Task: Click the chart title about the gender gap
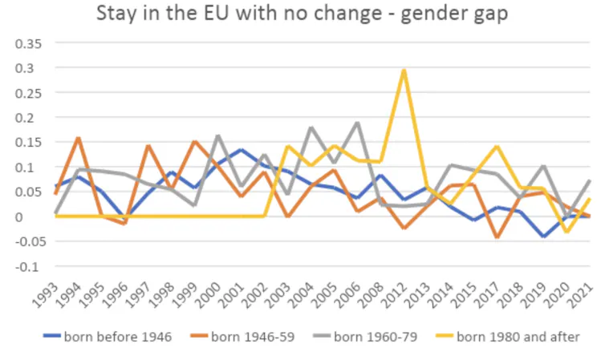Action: pos(302,14)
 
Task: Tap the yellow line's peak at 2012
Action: pos(404,70)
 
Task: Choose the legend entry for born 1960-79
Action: pos(377,337)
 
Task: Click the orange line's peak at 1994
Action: pos(78,138)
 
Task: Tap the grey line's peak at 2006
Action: pos(357,123)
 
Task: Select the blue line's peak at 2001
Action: pos(242,150)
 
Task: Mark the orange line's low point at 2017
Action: pos(497,237)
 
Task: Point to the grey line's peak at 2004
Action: pos(311,127)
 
